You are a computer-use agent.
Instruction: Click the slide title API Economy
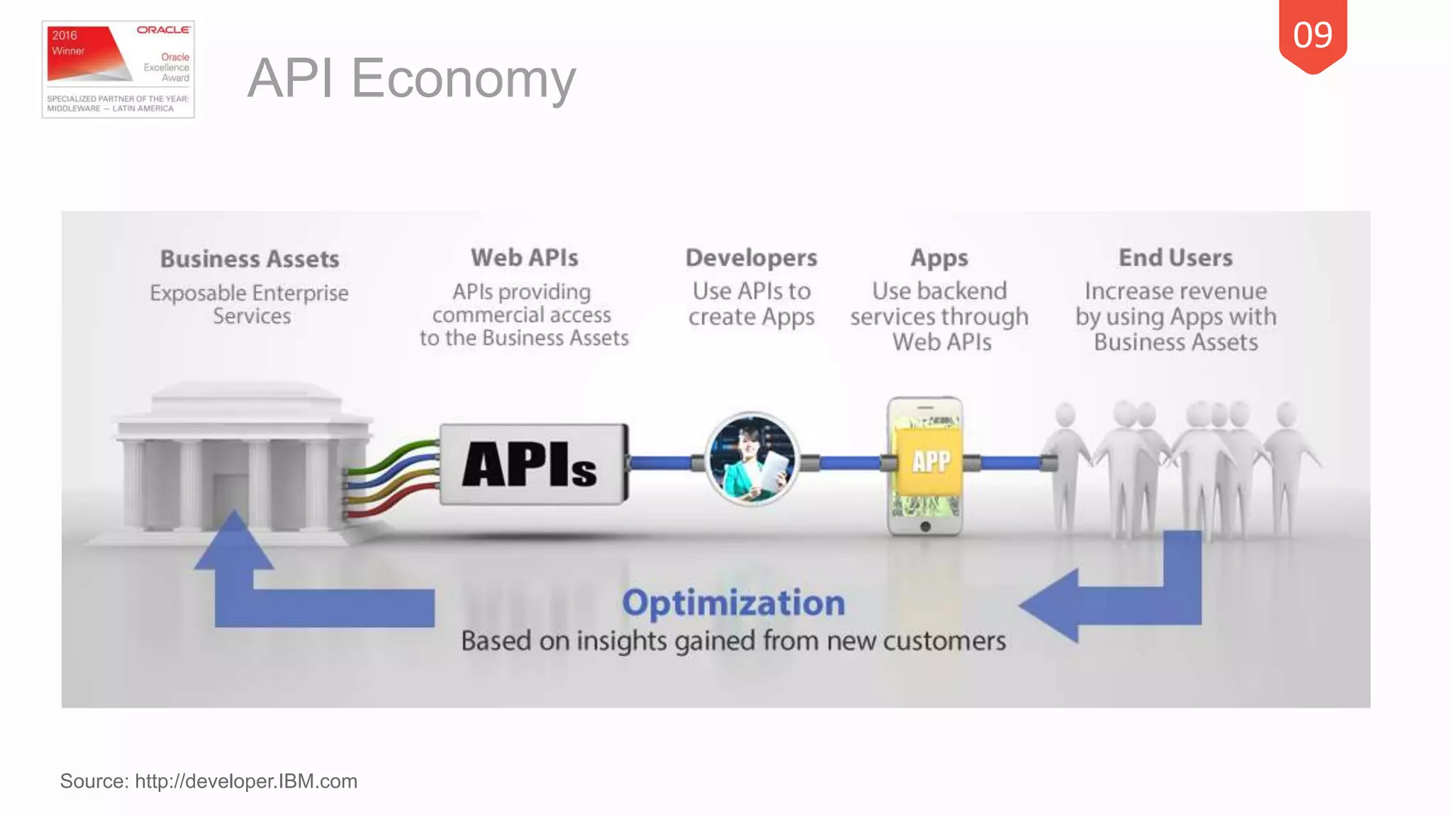(411, 78)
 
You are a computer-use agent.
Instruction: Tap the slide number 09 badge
(1312, 35)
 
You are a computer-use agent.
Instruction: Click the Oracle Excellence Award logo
(118, 69)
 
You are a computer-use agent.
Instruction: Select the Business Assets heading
(250, 259)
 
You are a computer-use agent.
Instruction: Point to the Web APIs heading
(524, 258)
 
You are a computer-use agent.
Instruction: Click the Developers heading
(751, 258)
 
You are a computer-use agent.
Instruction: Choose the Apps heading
(939, 258)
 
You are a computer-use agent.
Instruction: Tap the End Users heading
(1175, 258)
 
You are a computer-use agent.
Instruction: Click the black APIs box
(533, 465)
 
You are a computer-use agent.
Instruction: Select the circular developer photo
(752, 459)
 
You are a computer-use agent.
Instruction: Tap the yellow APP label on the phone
(929, 462)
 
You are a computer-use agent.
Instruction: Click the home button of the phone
(925, 526)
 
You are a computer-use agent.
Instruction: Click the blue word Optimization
(733, 603)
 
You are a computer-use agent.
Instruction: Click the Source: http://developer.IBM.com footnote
(208, 781)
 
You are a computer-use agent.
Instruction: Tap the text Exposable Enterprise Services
(250, 304)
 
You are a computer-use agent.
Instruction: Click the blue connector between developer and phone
(849, 463)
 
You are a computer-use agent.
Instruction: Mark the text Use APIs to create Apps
(751, 304)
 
